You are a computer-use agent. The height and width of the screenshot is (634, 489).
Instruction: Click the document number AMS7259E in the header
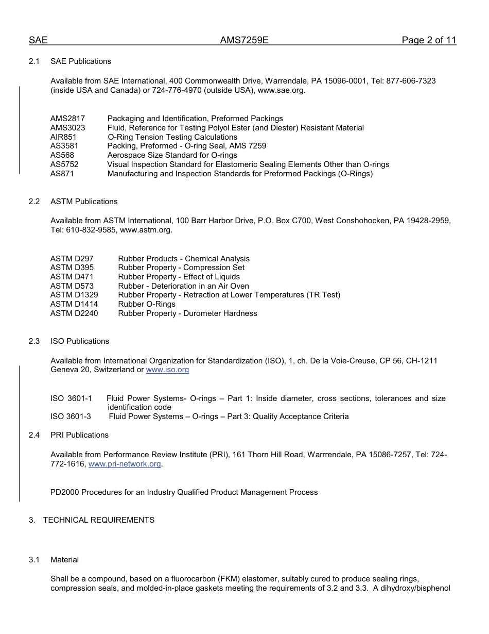point(244,41)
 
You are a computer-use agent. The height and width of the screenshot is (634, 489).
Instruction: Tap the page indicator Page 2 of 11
point(429,41)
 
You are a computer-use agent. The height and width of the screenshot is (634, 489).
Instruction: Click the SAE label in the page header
point(38,41)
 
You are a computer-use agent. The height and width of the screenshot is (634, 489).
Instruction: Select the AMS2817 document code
point(67,119)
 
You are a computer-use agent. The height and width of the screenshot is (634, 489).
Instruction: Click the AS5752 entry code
point(64,164)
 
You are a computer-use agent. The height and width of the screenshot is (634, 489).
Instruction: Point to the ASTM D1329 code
point(74,295)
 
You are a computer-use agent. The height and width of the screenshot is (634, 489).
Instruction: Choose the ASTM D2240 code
point(74,313)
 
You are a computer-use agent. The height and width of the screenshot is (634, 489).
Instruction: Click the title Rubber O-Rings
point(147,304)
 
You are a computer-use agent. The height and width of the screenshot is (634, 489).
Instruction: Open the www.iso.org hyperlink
point(167,370)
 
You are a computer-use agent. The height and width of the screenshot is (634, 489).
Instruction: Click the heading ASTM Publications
point(84,202)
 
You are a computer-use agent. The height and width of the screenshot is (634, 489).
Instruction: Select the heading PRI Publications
point(79,435)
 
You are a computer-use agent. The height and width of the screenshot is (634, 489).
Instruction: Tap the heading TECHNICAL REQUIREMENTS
point(99,520)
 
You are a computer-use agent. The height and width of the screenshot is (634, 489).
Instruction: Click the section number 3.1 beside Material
point(34,560)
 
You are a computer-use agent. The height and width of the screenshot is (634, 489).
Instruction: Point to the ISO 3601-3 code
point(71,416)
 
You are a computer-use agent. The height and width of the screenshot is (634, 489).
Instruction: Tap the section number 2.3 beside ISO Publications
point(34,341)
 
